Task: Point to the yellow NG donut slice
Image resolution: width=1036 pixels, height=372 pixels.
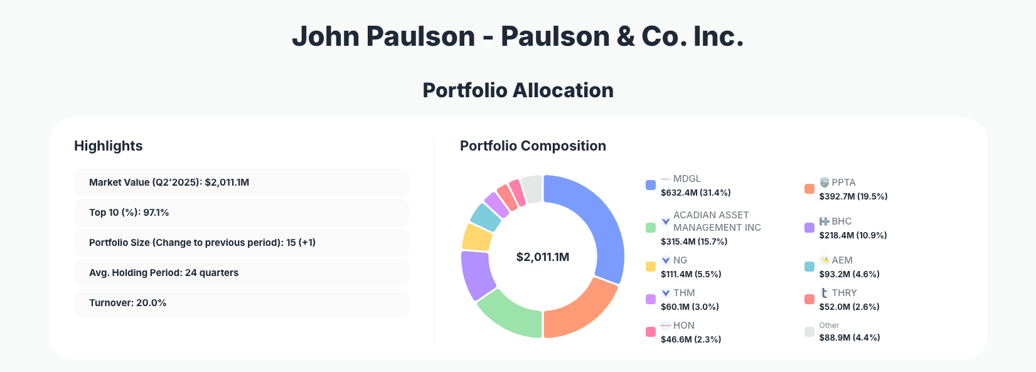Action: coord(477,237)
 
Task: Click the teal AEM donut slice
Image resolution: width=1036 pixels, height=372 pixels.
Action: coord(485,217)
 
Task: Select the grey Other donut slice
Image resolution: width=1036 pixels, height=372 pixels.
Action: coord(532,189)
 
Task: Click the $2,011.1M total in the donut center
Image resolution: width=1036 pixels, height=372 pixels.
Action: coord(543,257)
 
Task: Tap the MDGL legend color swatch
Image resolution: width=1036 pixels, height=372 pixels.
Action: coord(651,185)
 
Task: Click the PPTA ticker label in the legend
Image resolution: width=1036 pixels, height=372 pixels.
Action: coord(843,183)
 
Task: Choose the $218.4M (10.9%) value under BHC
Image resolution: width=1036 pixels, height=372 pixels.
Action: coord(853,235)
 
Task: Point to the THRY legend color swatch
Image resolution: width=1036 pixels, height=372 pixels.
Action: coord(809,299)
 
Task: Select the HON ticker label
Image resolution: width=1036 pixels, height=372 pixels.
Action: coord(683,326)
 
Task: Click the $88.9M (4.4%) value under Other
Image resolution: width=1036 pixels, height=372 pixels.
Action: coord(849,337)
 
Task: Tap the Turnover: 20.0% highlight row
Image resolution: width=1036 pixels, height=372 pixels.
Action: coord(241,303)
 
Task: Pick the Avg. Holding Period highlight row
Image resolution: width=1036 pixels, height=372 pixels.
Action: coord(241,273)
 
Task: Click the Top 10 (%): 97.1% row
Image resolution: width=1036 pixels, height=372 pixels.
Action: coord(241,213)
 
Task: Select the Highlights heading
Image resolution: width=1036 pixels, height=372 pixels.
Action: coord(109,146)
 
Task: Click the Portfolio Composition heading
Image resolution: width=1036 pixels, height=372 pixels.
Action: coord(533,146)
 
